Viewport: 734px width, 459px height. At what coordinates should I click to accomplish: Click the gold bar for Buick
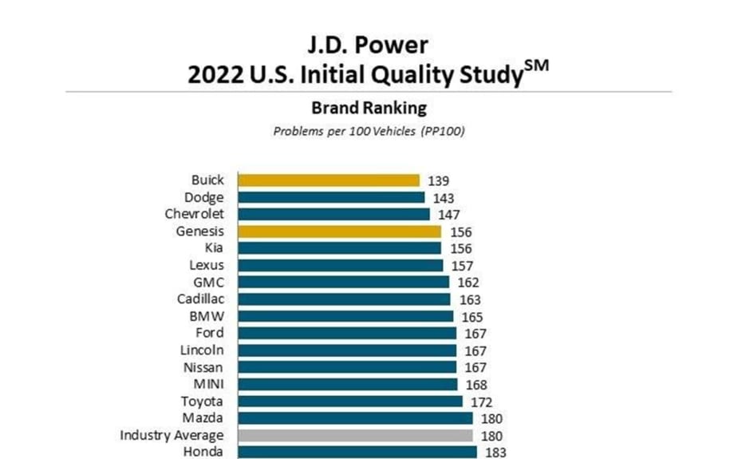tap(328, 180)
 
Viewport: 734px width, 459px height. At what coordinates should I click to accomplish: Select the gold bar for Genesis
tap(339, 231)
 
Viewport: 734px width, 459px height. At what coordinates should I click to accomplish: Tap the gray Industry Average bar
tap(355, 435)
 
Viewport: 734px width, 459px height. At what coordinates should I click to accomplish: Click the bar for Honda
tap(357, 452)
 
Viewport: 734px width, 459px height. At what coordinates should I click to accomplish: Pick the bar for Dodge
tap(330, 197)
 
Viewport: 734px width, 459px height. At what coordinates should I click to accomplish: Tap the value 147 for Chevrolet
tap(449, 215)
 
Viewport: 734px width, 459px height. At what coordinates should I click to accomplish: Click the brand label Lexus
tap(207, 265)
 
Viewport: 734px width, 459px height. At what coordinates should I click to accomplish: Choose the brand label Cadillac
tap(200, 299)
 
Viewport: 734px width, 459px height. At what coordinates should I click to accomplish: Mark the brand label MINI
tap(208, 384)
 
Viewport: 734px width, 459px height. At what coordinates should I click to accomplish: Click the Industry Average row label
tap(172, 435)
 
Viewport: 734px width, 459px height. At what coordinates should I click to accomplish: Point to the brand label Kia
tap(214, 248)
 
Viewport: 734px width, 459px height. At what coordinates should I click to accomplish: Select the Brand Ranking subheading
tap(369, 107)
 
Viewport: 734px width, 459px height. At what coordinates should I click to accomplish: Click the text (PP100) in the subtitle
tap(444, 131)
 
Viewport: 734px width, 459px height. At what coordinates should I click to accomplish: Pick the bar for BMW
tap(345, 316)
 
